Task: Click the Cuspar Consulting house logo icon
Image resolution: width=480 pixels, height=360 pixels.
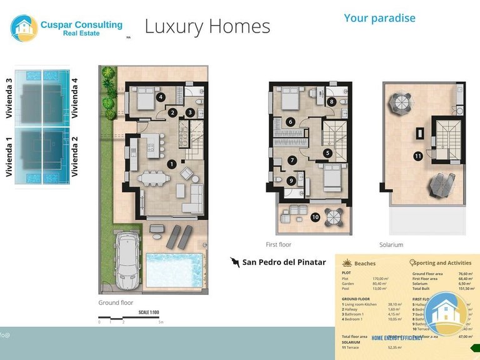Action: coord(24,28)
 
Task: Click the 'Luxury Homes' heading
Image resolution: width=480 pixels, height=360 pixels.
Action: coord(207,26)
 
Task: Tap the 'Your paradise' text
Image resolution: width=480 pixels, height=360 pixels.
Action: coord(379,17)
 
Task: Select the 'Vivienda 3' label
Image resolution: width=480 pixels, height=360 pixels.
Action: coord(9,98)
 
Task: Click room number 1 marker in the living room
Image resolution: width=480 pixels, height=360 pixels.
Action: coord(171,164)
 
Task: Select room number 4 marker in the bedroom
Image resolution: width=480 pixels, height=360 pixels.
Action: coord(161,97)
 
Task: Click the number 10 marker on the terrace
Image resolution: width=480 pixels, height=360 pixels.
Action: coord(316,217)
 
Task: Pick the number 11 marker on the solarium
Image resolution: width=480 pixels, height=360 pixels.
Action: coord(417,156)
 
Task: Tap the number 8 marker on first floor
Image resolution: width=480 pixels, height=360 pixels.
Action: coord(331,101)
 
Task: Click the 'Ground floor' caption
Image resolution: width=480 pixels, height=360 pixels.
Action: coord(116,302)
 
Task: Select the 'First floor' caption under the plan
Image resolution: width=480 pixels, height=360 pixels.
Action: coord(278,244)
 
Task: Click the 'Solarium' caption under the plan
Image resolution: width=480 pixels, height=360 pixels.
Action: coord(391,245)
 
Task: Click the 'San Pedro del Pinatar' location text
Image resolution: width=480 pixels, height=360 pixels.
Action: coord(284,262)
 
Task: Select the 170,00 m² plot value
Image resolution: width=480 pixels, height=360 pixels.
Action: coord(381,279)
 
